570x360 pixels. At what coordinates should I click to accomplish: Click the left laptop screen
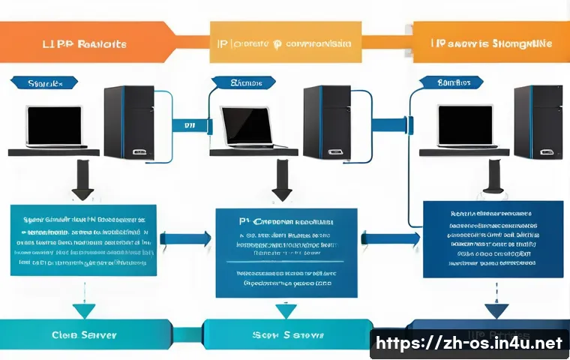click(x=54, y=124)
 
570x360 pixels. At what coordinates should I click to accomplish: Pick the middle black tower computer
click(x=326, y=122)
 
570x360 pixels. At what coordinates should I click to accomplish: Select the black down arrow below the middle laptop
click(x=281, y=181)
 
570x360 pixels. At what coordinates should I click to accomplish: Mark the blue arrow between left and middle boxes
click(x=185, y=239)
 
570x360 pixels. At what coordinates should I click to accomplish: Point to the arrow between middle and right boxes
click(x=389, y=239)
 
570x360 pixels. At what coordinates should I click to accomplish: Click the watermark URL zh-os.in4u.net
click(x=469, y=344)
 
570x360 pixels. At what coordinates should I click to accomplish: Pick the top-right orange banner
click(x=491, y=43)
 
